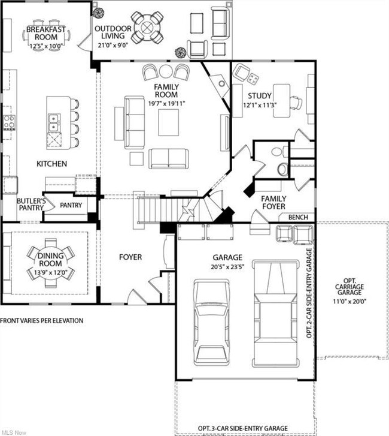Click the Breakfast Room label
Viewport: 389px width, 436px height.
(46, 33)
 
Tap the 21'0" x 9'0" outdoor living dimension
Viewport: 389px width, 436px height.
(113, 46)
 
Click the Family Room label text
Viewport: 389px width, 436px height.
(166, 91)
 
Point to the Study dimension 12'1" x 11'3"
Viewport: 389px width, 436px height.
(260, 105)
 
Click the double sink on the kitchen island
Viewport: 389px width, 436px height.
(53, 122)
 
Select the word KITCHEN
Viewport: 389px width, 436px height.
(51, 164)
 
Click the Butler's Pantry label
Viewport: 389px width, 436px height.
(31, 205)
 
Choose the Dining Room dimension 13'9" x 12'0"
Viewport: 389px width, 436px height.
(50, 272)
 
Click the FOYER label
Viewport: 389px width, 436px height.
(130, 257)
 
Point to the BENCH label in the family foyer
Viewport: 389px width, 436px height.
(298, 217)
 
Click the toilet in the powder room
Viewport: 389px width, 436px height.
(282, 169)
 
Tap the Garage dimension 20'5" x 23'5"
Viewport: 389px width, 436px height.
(227, 267)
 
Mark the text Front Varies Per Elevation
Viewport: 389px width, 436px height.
(42, 321)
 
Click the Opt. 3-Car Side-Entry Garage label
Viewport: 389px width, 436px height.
(243, 428)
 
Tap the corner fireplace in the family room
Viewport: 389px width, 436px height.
(220, 84)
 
